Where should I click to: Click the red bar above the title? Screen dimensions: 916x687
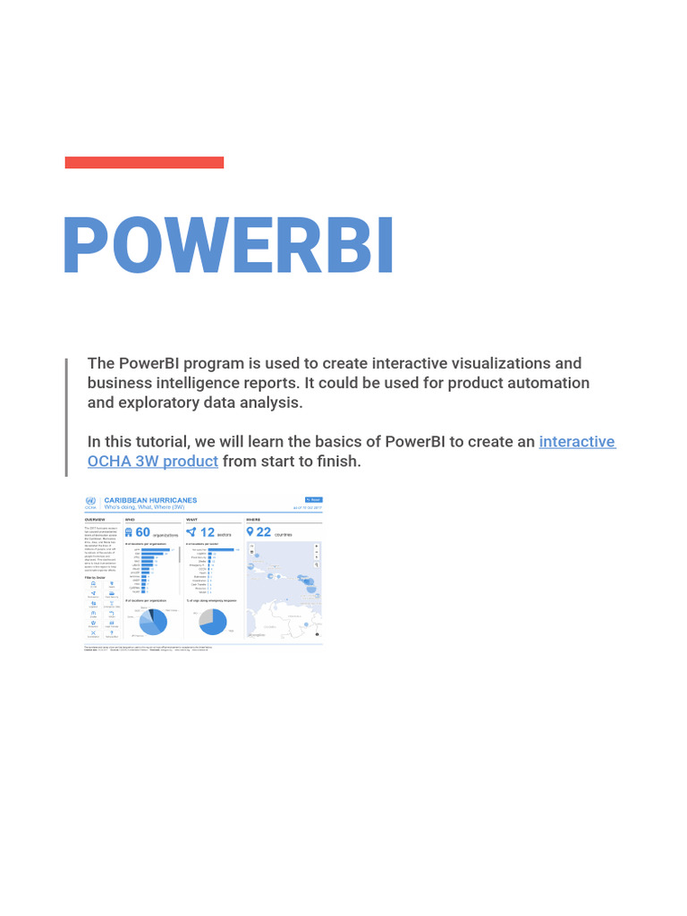pos(144,163)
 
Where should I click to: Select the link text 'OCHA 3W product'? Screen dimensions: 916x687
pos(152,462)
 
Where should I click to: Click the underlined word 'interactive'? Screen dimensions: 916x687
pos(577,442)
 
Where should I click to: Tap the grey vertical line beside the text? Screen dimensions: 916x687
pos(66,417)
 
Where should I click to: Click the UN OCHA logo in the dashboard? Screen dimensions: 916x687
pos(90,504)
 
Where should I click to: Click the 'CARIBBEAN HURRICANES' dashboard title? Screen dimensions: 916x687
pos(150,501)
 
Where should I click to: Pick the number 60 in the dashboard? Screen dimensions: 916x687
pos(142,532)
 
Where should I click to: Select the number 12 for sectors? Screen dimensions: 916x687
pos(207,532)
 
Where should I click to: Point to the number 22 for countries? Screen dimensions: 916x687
pos(263,532)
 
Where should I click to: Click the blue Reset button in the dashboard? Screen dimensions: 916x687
pos(313,500)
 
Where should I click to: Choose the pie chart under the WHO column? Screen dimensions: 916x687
pos(150,621)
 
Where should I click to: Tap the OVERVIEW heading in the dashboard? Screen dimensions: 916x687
pos(95,519)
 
